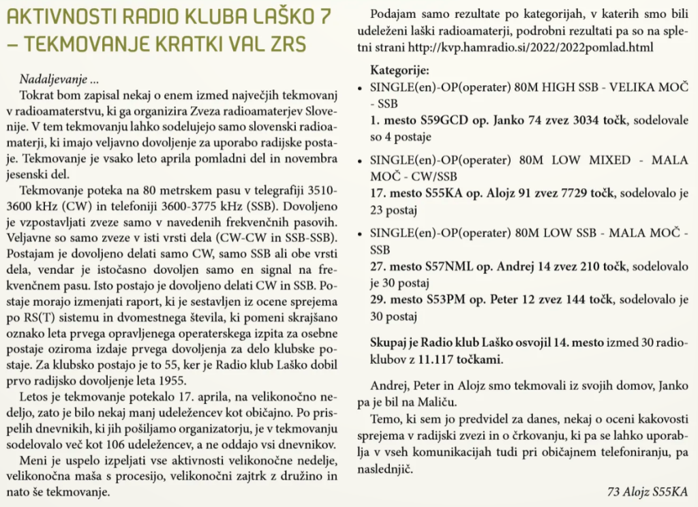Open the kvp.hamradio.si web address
(x=530, y=48)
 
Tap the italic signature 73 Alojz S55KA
(x=647, y=491)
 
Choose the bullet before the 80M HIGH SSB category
(x=360, y=89)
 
